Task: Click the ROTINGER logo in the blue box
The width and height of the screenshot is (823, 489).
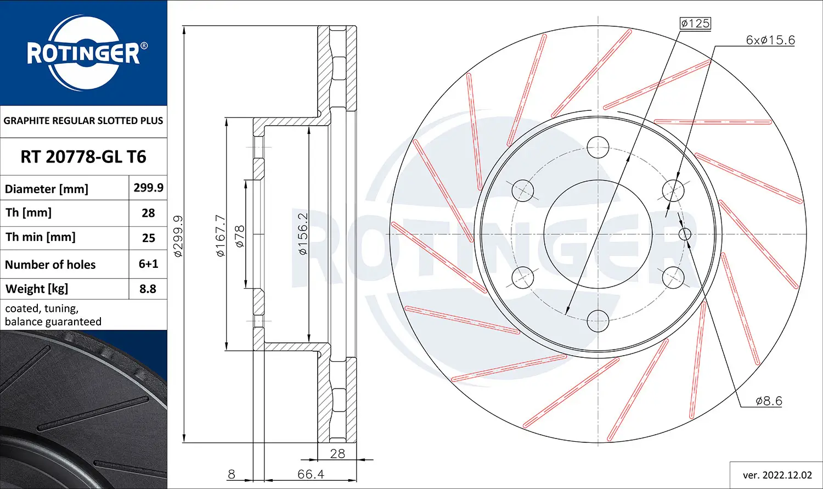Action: coord(83,53)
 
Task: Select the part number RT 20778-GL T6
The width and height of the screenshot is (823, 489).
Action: coord(83,157)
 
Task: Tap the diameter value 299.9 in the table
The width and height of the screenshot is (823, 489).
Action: coord(148,188)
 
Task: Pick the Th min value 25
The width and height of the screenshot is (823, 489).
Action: coord(148,238)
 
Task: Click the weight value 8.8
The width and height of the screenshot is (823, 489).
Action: coord(148,289)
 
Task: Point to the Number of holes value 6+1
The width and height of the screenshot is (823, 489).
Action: coord(148,264)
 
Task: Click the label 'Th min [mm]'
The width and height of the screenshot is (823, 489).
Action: coord(41,237)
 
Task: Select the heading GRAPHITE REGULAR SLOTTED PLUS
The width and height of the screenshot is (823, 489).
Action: coord(83,121)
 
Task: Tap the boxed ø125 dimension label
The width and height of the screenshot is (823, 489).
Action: coord(695,23)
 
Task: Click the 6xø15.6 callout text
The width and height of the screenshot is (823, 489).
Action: coord(770,40)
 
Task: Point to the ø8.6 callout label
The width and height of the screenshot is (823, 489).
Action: coord(769,401)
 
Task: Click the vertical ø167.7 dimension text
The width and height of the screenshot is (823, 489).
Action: coord(221,235)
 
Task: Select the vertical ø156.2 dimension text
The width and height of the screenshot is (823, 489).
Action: coord(303,233)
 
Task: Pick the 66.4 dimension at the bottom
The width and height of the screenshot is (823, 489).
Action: coord(311,474)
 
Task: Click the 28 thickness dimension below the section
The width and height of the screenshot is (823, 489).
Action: coord(337,453)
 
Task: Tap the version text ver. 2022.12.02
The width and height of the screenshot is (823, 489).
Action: coord(777,475)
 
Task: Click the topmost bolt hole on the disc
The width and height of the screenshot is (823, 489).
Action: coord(597,147)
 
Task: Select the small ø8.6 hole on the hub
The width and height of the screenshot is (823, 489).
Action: coord(685,234)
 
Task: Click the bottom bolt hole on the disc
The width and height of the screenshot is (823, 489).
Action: coord(597,321)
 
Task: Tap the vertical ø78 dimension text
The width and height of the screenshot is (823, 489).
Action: coord(240,236)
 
